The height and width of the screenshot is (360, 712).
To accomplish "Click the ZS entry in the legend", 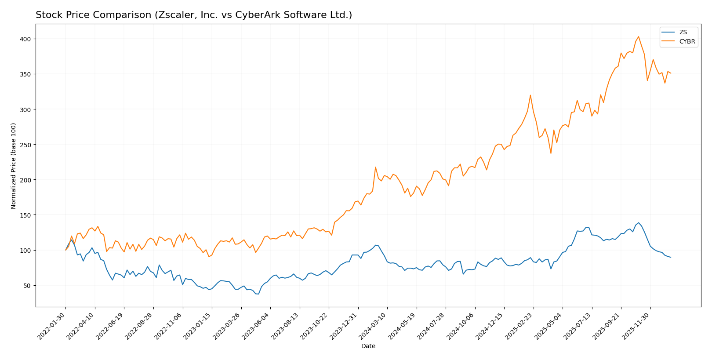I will (x=683, y=32).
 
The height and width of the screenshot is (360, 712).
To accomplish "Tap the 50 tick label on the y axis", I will (x=27, y=286).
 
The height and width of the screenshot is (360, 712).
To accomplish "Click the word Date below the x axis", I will (x=368, y=346).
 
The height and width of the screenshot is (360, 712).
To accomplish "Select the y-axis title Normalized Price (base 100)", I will (x=14, y=166).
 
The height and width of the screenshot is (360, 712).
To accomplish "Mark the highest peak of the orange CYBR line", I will (x=639, y=36).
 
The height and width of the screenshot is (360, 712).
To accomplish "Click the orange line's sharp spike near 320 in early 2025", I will (x=530, y=95).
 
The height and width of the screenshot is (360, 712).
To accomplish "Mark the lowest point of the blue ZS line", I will (x=258, y=294).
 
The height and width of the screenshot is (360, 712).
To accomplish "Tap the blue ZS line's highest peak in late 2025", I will (x=639, y=223).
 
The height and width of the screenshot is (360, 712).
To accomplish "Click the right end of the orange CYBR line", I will (x=671, y=73).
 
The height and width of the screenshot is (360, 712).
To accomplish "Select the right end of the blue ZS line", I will (x=671, y=257).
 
